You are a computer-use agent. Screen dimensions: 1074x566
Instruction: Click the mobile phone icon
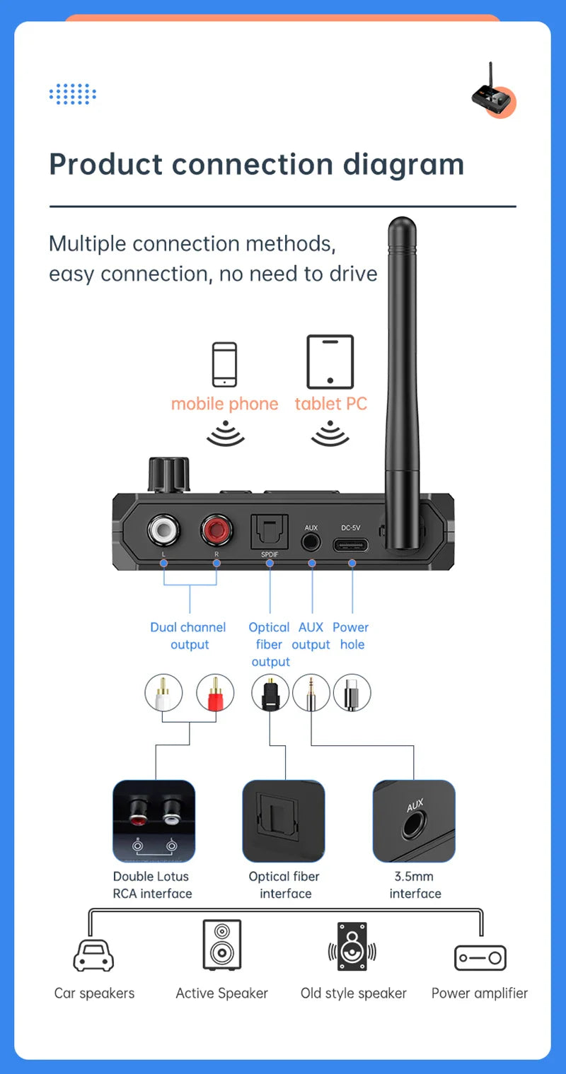tap(224, 364)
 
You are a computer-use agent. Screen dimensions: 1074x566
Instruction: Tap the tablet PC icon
tap(330, 361)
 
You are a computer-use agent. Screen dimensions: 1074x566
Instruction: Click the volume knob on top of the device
tap(168, 474)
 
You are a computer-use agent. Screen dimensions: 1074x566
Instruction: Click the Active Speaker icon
tap(221, 945)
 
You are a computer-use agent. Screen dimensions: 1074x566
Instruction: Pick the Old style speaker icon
tap(352, 946)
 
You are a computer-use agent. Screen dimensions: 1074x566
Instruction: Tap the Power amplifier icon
tap(480, 958)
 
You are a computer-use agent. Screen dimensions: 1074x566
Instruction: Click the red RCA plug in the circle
tap(215, 693)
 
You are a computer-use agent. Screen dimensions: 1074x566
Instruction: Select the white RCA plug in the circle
tap(163, 693)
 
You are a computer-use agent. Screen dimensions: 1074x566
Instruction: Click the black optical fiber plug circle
tap(270, 693)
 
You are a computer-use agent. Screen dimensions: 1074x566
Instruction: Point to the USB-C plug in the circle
tap(352, 693)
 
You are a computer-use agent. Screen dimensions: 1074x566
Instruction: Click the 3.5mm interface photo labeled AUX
tap(414, 821)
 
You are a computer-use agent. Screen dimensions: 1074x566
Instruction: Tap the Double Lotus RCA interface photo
tap(154, 821)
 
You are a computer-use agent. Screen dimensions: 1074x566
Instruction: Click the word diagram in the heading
tap(403, 164)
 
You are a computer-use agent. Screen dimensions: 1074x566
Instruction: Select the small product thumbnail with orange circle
tap(493, 91)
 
